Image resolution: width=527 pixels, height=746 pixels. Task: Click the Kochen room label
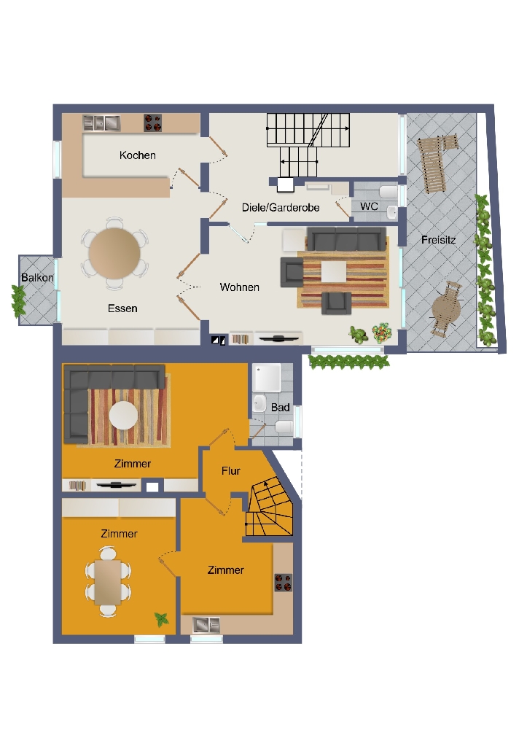click(138, 155)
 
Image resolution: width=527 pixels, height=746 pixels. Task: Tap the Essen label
click(122, 308)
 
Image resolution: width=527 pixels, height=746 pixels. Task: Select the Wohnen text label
click(239, 287)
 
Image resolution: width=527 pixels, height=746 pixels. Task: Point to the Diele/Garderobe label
click(281, 207)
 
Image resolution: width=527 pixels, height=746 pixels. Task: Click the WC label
click(369, 206)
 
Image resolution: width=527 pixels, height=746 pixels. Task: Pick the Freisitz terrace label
click(438, 240)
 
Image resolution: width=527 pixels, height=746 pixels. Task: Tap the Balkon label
click(37, 277)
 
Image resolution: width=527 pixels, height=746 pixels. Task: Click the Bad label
click(280, 407)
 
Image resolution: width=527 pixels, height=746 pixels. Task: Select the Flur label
click(230, 471)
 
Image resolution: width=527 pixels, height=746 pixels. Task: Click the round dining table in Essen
click(114, 252)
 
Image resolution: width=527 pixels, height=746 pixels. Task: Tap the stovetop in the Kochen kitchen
click(152, 123)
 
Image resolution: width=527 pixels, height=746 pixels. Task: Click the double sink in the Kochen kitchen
click(101, 123)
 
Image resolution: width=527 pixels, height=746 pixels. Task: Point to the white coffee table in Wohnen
click(333, 272)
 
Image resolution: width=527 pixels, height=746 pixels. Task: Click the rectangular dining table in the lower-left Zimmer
click(107, 583)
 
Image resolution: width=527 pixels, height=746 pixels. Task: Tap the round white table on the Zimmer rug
click(123, 416)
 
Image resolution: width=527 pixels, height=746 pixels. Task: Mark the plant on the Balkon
click(18, 301)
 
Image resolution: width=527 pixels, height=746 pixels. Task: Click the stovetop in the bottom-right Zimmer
click(284, 583)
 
